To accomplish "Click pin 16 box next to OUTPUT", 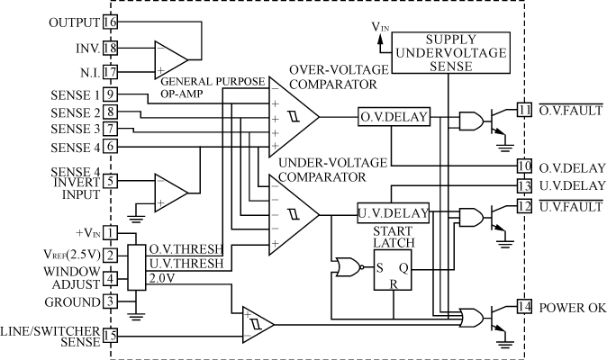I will tap(110, 20).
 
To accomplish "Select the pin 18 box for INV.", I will tap(110, 48).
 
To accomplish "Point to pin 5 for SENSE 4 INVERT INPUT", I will tap(110, 181).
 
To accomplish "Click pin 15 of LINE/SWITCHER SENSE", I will tap(110, 336).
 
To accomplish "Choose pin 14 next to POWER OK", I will tap(524, 308).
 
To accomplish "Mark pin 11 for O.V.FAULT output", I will tap(524, 110).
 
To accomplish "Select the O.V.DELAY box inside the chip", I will tap(394, 118).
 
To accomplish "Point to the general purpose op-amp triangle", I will tap(169, 57).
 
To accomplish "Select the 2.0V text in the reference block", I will tap(162, 279).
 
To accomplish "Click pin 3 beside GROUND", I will tap(110, 301).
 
